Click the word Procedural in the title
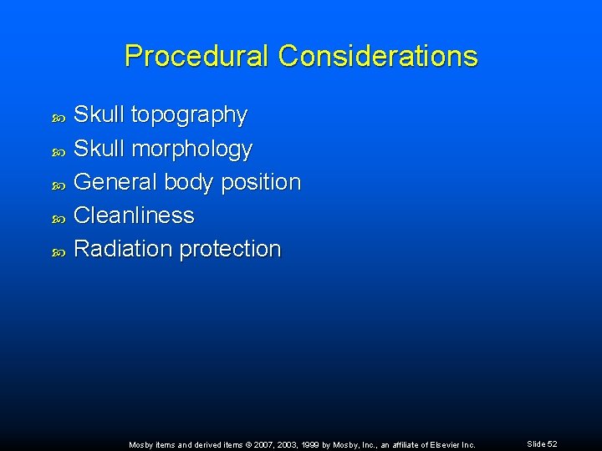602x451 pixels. click(x=197, y=56)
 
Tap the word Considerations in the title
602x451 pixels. click(x=378, y=56)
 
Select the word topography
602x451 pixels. click(x=189, y=115)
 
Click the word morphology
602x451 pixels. click(x=192, y=149)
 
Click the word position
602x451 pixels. click(x=261, y=182)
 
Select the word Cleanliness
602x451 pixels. click(x=134, y=215)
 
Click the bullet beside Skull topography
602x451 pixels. click(x=58, y=117)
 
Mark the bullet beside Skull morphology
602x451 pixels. click(x=58, y=150)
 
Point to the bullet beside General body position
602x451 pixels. click(x=58, y=184)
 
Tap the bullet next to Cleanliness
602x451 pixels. click(x=58, y=217)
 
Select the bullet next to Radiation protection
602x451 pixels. click(x=58, y=251)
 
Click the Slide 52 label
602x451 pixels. click(x=543, y=444)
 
